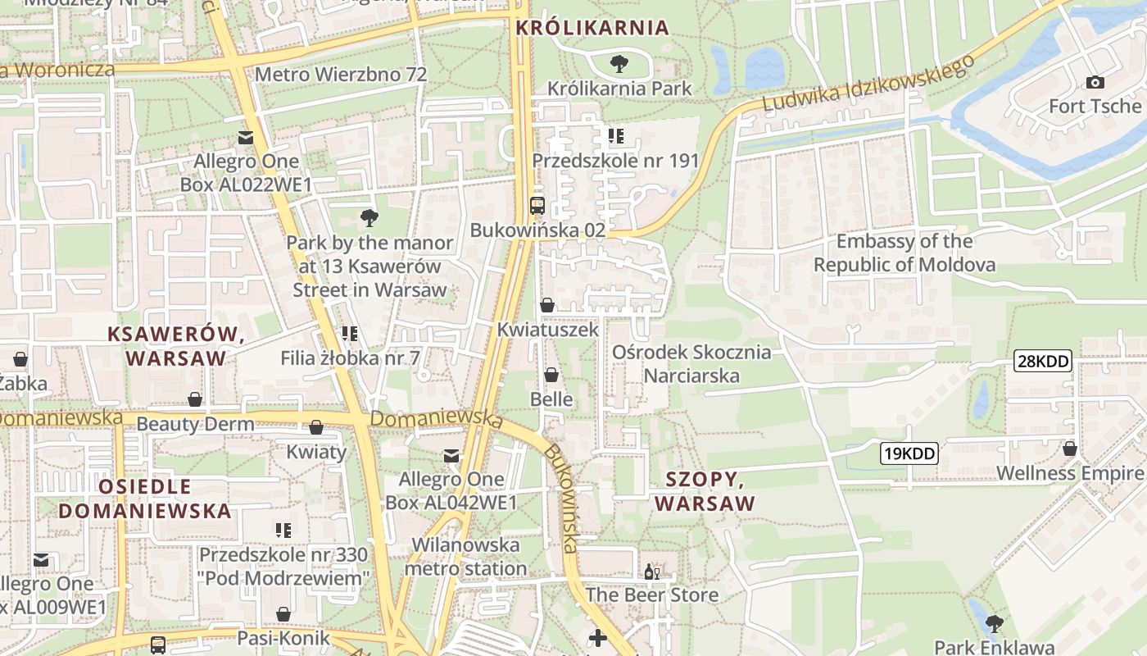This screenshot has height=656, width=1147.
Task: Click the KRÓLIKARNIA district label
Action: [592, 28]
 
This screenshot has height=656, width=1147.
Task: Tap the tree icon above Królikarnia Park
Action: [619, 63]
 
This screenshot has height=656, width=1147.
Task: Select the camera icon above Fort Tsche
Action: [1095, 82]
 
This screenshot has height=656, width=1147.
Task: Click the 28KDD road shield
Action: [1043, 361]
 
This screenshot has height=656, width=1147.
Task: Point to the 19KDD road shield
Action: [909, 453]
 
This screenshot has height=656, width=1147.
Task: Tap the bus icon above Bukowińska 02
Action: [537, 206]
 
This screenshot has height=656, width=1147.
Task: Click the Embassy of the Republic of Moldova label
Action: [904, 253]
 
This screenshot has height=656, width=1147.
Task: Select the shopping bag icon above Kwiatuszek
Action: [547, 305]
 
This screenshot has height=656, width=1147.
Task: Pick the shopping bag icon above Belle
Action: [551, 375]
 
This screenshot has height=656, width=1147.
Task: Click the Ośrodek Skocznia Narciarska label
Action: [692, 364]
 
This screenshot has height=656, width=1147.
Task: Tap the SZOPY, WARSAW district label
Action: [705, 491]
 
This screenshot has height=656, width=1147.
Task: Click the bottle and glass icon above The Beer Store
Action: [652, 572]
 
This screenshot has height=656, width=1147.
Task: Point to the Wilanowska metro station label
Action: [465, 557]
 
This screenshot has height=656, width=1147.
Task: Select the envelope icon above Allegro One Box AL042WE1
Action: [451, 455]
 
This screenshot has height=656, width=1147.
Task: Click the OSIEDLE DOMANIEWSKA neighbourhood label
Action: [145, 499]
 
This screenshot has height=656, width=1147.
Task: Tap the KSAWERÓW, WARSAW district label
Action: [176, 346]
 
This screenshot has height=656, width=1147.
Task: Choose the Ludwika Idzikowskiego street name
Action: [868, 84]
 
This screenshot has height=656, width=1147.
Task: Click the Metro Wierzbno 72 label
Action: [341, 75]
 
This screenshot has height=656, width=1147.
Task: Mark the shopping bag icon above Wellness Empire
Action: [1069, 449]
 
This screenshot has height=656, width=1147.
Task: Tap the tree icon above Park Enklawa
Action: [994, 623]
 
